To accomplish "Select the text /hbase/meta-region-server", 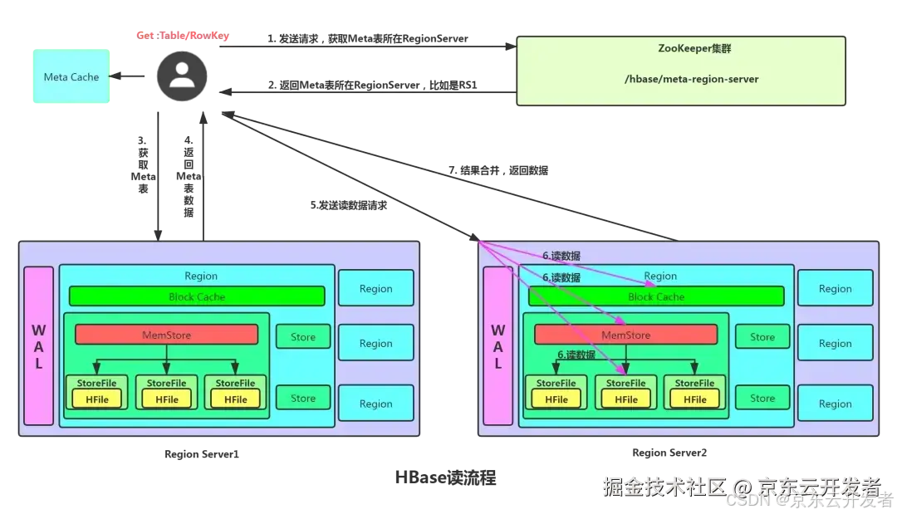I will click(680, 80).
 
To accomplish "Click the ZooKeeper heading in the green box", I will click(680, 49).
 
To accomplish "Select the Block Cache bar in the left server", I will click(196, 296).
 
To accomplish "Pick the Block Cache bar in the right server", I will click(656, 296).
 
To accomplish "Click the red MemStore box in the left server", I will click(166, 335).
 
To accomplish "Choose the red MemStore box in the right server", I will click(625, 335).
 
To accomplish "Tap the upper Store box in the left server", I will click(303, 337).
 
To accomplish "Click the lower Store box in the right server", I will click(762, 399).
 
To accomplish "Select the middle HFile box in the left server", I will click(166, 399).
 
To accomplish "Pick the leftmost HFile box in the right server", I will click(556, 399).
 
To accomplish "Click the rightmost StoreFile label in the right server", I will click(694, 384).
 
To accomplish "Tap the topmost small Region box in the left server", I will click(375, 289).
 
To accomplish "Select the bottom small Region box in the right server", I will click(835, 404).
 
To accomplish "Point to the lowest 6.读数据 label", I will click(576, 355).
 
